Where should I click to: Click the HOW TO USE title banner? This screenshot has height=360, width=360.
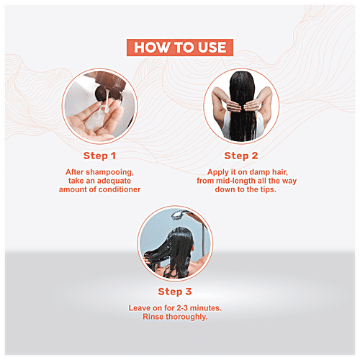click(x=180, y=48)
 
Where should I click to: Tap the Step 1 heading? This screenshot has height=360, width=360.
click(x=99, y=156)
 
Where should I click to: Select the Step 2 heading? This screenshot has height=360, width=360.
click(x=241, y=156)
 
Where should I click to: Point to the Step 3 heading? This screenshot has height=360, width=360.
click(x=175, y=292)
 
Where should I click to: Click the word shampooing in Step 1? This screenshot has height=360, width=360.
click(x=109, y=172)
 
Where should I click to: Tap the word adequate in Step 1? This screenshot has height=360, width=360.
click(x=114, y=181)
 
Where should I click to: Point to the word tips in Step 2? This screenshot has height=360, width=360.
click(x=269, y=189)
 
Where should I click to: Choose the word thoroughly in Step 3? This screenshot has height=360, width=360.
click(x=186, y=317)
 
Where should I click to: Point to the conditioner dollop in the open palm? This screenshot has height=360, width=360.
click(x=94, y=120)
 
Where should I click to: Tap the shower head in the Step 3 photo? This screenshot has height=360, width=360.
click(x=179, y=215)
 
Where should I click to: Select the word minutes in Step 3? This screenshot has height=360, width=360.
click(x=206, y=308)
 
